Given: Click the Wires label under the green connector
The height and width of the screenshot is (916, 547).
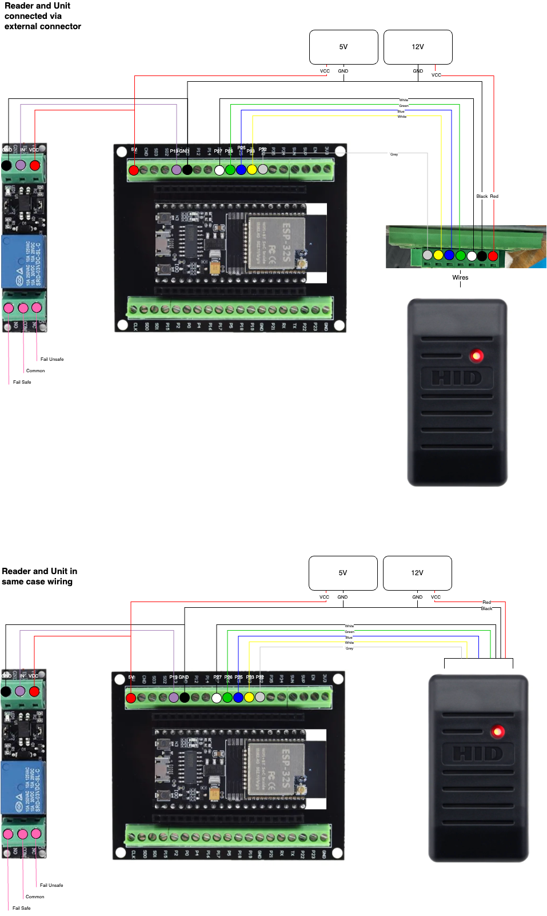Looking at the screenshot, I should [460, 277].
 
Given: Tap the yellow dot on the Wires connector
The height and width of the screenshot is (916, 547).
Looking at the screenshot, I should [438, 255].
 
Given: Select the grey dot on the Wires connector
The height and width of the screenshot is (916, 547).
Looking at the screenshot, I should [428, 255].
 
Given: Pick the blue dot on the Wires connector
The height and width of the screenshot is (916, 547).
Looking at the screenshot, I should [449, 255].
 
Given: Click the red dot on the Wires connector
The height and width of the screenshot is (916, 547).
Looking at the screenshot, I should [493, 256].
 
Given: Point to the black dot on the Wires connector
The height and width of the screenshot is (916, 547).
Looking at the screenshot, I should [482, 256].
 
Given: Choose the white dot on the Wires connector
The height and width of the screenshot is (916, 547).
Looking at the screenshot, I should [472, 256].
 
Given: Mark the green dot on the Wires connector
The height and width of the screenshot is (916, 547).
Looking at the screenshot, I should [460, 255].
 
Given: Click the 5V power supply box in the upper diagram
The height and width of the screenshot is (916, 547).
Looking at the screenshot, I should [344, 47].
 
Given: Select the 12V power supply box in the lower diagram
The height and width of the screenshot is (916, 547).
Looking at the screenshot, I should [417, 573].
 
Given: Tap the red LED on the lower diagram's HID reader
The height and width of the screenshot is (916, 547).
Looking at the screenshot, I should [498, 731].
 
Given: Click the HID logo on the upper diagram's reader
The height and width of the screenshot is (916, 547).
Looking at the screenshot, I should [456, 378].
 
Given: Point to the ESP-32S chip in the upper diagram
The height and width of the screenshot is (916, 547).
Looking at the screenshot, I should [277, 242].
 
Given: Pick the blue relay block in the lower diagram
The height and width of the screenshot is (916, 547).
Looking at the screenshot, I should [23, 787].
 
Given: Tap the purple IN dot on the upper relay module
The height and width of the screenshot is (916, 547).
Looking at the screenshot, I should [21, 165].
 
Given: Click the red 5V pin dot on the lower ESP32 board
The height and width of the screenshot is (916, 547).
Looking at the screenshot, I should [131, 698].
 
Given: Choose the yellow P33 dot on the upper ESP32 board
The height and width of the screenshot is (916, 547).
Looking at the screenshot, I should [252, 169].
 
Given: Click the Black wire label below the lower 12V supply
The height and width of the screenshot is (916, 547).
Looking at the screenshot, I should [486, 608].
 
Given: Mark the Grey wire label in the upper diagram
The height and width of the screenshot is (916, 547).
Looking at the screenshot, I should [394, 154].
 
